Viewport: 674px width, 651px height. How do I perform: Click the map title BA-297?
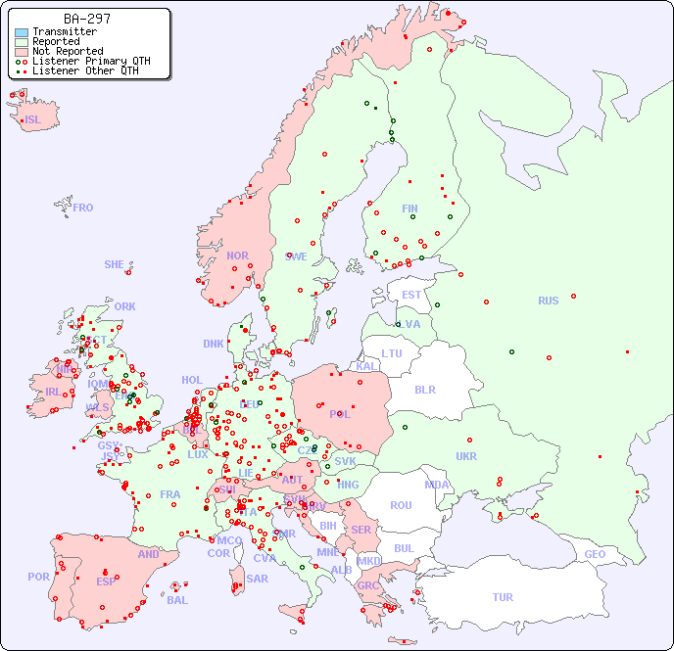pyautogui.click(x=86, y=19)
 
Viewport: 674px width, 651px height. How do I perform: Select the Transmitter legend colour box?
pyautogui.click(x=22, y=32)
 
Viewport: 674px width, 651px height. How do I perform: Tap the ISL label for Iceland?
pyautogui.click(x=33, y=120)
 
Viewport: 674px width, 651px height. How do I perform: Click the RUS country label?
pyautogui.click(x=548, y=301)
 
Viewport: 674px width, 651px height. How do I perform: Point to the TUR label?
pyautogui.click(x=503, y=597)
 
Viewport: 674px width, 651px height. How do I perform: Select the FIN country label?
pyautogui.click(x=409, y=209)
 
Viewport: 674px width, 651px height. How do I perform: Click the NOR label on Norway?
pyautogui.click(x=237, y=256)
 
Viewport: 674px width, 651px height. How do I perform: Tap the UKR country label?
pyautogui.click(x=466, y=456)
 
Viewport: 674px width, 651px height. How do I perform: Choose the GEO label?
pyautogui.click(x=595, y=554)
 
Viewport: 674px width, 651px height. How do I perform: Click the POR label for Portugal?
pyautogui.click(x=38, y=577)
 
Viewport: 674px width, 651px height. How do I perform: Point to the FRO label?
pyautogui.click(x=83, y=208)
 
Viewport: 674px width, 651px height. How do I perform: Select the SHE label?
pyautogui.click(x=115, y=264)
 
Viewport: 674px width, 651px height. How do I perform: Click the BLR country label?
pyautogui.click(x=425, y=389)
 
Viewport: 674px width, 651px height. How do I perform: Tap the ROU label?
pyautogui.click(x=401, y=505)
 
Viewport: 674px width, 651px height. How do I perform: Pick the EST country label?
pyautogui.click(x=411, y=295)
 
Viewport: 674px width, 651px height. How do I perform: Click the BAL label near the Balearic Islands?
pyautogui.click(x=177, y=600)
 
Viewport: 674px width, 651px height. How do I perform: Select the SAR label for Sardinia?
pyautogui.click(x=258, y=579)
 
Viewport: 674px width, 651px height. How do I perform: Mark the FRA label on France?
pyautogui.click(x=170, y=494)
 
